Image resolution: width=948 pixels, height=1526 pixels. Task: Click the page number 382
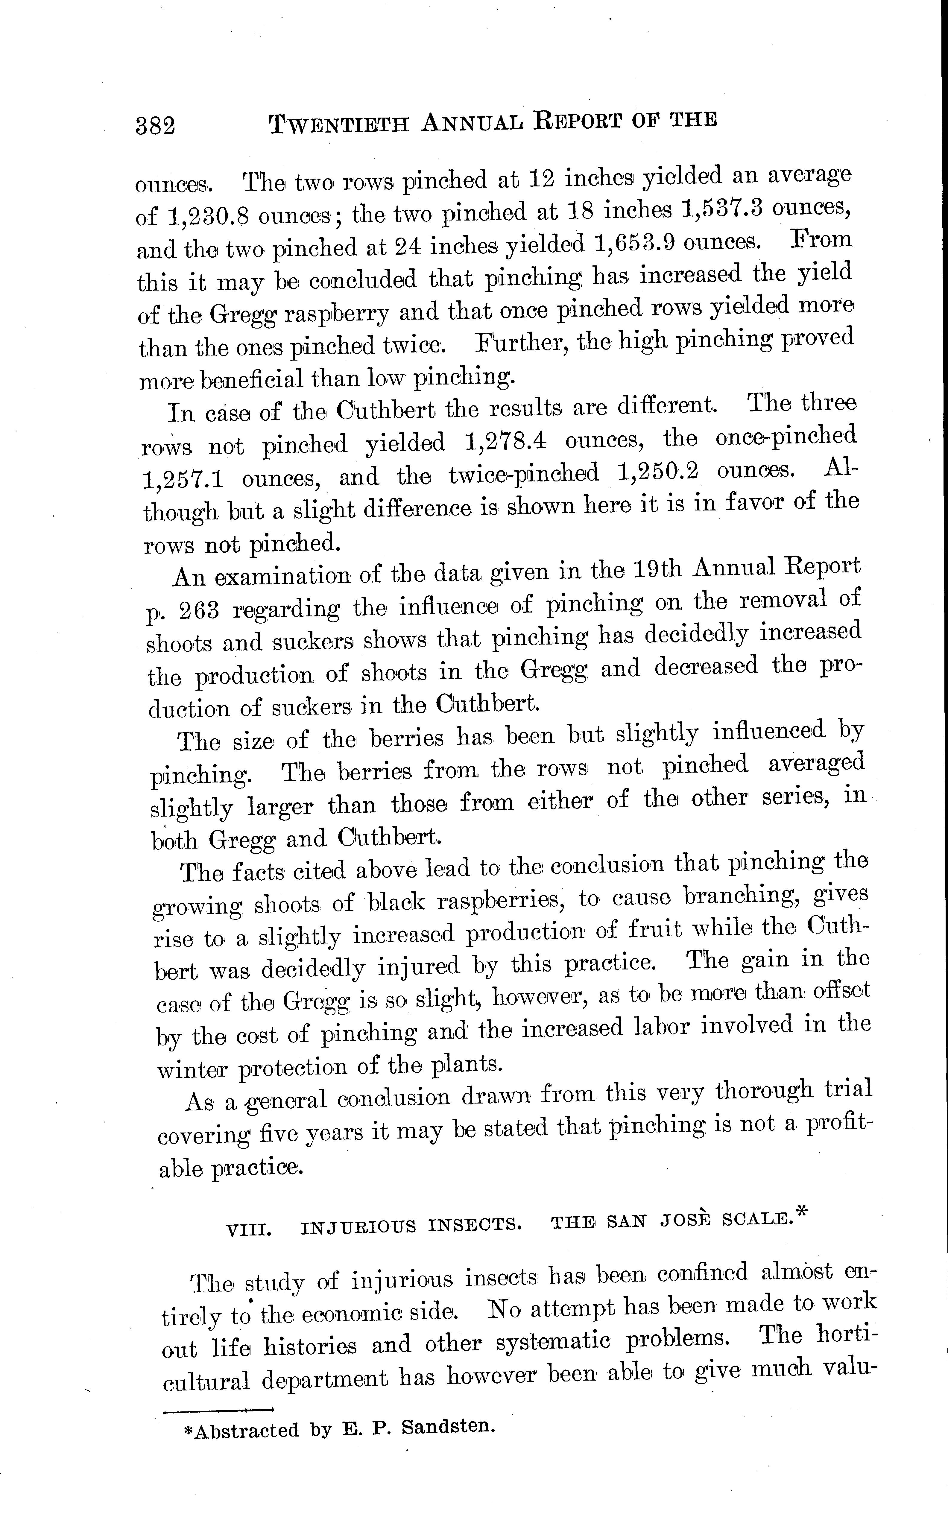pyautogui.click(x=156, y=126)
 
